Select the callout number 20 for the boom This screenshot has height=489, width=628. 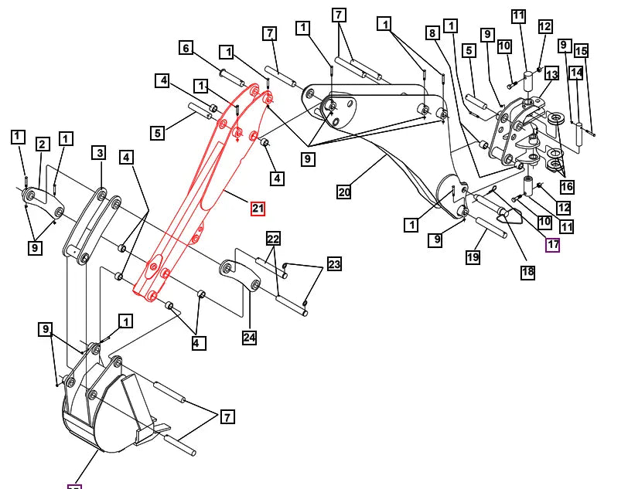click(344, 192)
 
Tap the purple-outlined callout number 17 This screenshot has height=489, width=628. click(553, 245)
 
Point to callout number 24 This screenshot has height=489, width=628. click(249, 337)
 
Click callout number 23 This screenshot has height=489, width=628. click(333, 264)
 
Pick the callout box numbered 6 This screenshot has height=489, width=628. click(186, 48)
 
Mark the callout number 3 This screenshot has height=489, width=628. click(99, 152)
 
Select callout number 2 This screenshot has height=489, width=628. click(42, 144)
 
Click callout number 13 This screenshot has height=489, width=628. click(551, 73)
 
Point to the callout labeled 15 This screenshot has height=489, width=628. click(581, 51)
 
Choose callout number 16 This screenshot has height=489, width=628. click(567, 187)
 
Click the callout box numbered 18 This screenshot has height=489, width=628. click(527, 272)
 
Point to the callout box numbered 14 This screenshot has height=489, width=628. click(575, 73)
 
